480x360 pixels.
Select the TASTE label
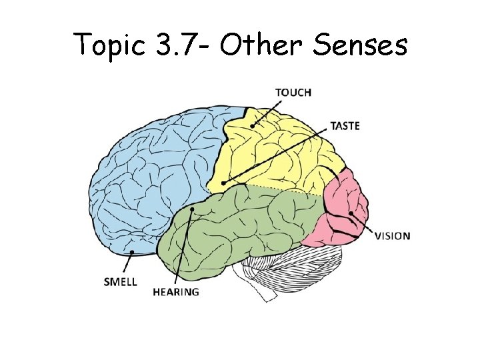[x=345, y=125]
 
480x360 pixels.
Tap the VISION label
[x=392, y=235]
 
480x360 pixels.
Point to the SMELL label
[x=121, y=281]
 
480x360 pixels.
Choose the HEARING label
[x=176, y=292]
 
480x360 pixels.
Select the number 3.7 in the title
[x=175, y=45]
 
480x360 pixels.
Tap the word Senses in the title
[x=354, y=45]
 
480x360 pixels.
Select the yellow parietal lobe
[x=280, y=153]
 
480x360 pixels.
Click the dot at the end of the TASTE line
[x=224, y=183]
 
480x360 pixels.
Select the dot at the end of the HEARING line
[x=192, y=210]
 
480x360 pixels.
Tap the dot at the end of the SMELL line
[x=133, y=252]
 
